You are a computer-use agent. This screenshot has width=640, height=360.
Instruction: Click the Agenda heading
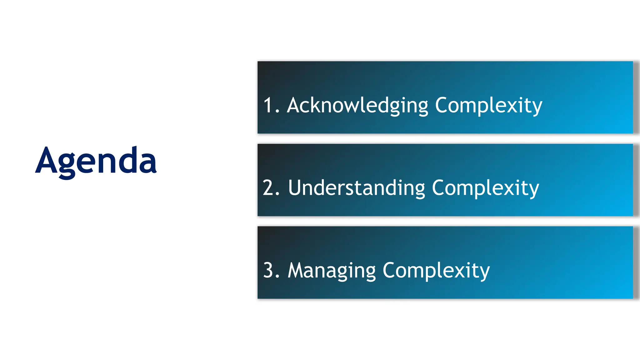pos(96,161)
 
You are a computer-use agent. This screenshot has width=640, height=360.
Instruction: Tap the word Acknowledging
pos(357,105)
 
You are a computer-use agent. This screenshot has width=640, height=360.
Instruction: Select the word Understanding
pos(357,188)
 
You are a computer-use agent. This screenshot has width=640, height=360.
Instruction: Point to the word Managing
pos(332,270)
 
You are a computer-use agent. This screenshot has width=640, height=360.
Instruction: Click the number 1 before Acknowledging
pos(268,105)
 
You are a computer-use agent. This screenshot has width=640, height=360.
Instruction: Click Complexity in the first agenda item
pos(488,105)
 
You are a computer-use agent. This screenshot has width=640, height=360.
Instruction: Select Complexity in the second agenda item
pos(485,188)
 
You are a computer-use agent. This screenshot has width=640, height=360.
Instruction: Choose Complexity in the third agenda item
pos(436,270)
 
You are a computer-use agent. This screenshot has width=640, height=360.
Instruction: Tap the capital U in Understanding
pos(295,188)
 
